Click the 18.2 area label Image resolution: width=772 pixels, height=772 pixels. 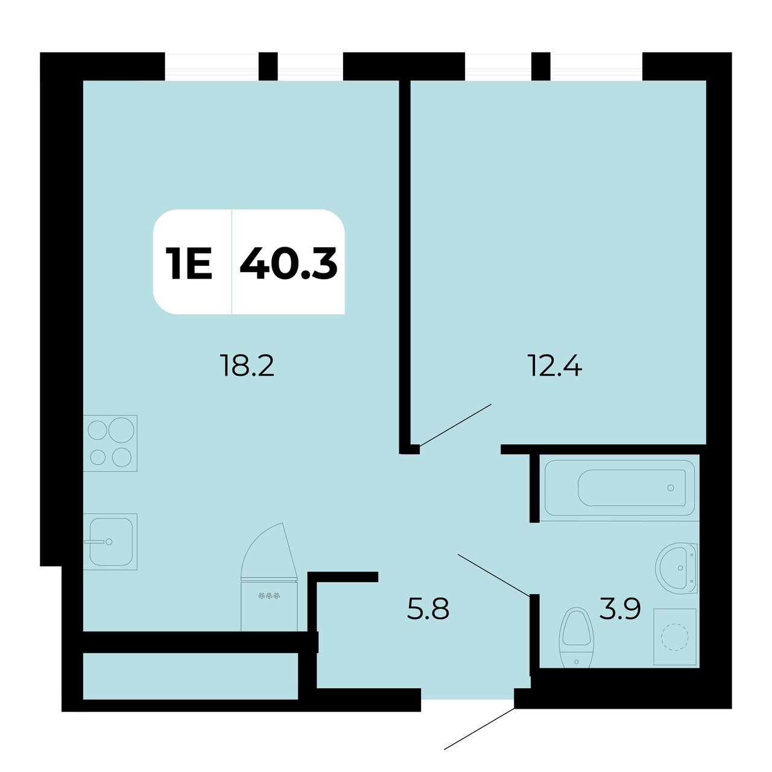[247, 366]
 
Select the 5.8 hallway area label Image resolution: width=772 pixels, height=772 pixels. [428, 609]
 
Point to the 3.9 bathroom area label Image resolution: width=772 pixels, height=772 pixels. [620, 609]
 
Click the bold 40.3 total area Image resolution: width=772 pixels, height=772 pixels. [288, 263]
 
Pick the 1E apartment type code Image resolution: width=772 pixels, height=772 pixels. [189, 263]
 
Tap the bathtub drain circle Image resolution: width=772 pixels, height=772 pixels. [671, 488]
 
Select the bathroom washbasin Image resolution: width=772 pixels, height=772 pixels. [677, 568]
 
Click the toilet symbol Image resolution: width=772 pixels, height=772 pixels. [576, 639]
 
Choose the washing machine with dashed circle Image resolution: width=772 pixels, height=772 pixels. [675, 636]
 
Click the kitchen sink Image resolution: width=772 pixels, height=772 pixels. [110, 542]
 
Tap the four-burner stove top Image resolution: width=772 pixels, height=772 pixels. [110, 443]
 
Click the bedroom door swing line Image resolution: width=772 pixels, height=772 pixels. [455, 425]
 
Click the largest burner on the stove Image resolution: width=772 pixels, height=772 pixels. [121, 430]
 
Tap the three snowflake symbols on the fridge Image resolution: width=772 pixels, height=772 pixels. [269, 596]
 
